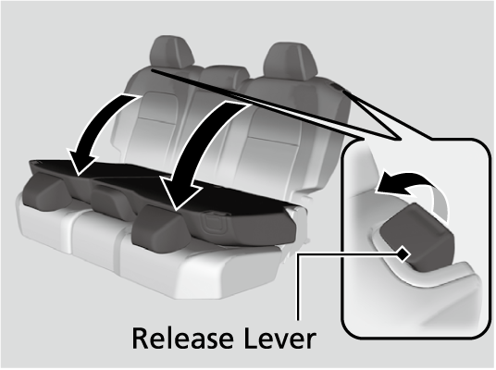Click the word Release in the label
click(x=182, y=339)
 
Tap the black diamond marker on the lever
click(x=403, y=253)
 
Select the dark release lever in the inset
click(x=417, y=238)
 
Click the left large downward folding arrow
click(x=98, y=133)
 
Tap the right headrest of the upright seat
click(x=291, y=61)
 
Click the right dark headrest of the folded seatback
click(x=161, y=226)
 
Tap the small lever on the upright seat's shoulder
click(x=336, y=86)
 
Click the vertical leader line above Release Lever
click(x=298, y=287)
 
